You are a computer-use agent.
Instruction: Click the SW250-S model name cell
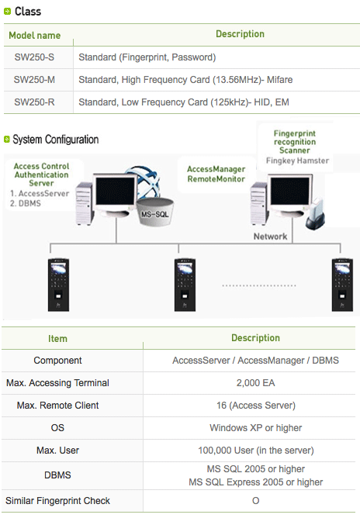tap(34, 57)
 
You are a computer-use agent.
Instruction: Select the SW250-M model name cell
tap(34, 80)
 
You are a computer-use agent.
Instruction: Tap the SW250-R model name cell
tap(34, 102)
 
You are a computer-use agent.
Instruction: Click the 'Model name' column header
tap(35, 36)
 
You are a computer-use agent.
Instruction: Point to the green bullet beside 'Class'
tap(7, 12)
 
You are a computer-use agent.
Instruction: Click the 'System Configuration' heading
tap(56, 140)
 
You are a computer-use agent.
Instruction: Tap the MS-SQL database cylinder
tap(155, 212)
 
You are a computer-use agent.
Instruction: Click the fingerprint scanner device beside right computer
tap(315, 214)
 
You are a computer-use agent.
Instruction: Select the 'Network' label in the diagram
tap(271, 237)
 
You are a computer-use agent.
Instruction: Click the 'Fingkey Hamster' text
tap(297, 161)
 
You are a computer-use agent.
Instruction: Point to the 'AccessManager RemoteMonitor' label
tap(216, 174)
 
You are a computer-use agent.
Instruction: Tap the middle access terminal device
tap(185, 285)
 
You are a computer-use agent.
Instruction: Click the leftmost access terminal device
tap(58, 285)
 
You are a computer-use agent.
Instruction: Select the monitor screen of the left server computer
tap(116, 191)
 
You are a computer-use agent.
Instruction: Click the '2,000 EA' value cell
tap(255, 383)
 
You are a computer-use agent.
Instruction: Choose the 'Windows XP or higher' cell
tap(255, 428)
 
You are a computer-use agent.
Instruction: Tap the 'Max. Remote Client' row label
tap(58, 406)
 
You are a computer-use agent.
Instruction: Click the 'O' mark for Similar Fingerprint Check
tap(255, 501)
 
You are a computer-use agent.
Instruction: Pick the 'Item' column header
tap(57, 339)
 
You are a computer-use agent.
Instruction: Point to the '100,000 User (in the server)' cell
tap(255, 451)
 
